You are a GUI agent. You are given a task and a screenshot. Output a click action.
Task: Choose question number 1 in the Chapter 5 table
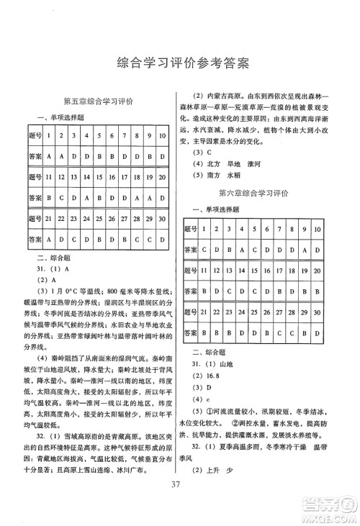(49, 136)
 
